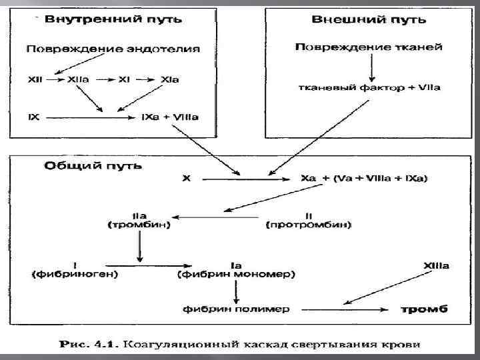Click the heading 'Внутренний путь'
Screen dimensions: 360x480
pos(113,19)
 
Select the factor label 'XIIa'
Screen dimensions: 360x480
pos(77,80)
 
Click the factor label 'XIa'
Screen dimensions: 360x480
pos(170,80)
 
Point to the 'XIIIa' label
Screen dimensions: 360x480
pos(436,265)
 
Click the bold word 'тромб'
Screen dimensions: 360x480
pos(424,309)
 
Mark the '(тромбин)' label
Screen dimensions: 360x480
pos(139,225)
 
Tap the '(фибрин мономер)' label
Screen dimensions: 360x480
pos(237,274)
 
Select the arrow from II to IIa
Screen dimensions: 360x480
pos(220,217)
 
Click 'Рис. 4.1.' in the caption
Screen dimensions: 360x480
pos(87,344)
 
